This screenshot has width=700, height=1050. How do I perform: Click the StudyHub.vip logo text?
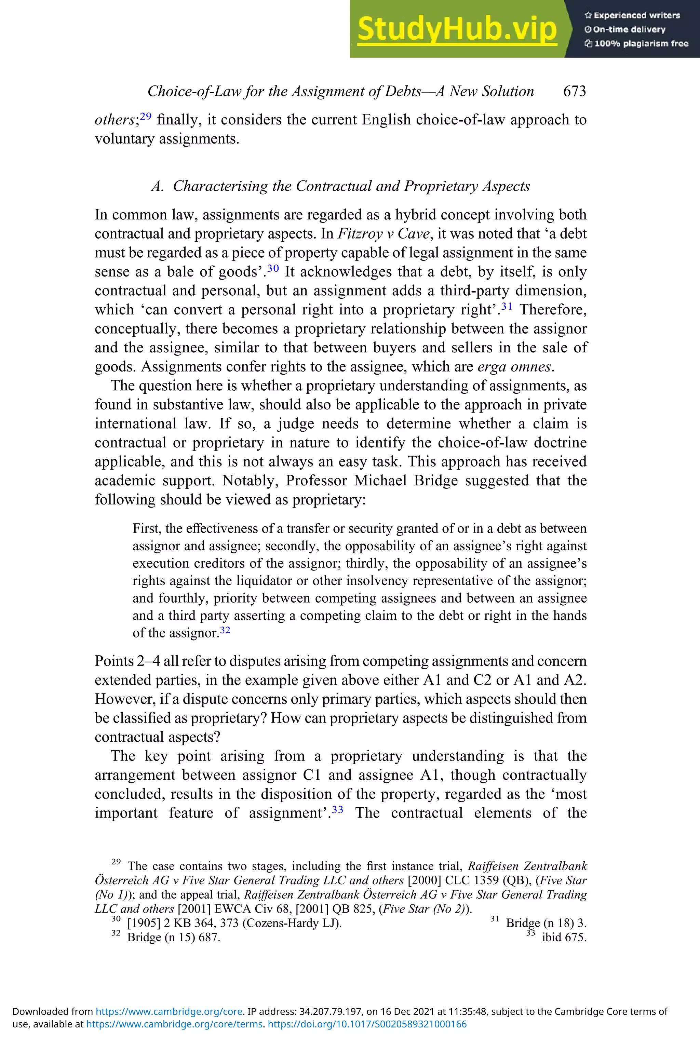tap(457, 29)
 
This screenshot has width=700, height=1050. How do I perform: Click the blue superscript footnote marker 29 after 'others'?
tap(146, 117)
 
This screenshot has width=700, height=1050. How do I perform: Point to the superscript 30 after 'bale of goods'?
tap(273, 268)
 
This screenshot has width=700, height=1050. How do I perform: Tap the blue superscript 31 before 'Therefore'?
tap(506, 306)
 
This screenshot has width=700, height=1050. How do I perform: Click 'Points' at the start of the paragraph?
tap(114, 661)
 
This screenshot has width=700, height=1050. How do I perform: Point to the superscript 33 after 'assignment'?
tap(337, 809)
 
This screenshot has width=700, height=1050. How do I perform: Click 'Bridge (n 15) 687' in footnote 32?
tap(174, 937)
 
